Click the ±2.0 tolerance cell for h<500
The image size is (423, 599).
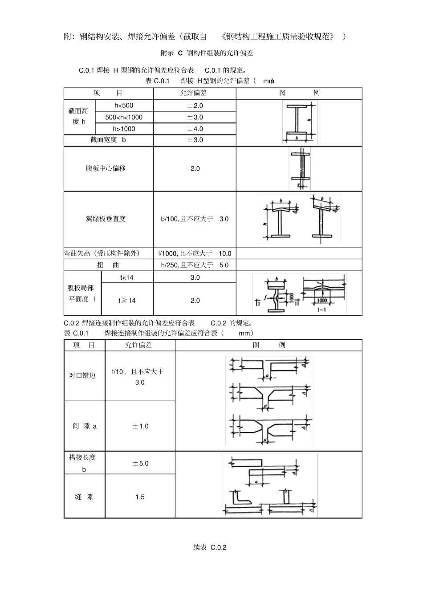click(195, 106)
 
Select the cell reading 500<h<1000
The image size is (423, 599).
click(124, 117)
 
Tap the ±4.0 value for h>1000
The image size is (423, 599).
click(195, 129)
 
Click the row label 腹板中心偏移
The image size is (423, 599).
click(106, 168)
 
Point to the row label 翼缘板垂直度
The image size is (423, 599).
click(106, 219)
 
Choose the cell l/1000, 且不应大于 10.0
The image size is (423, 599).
click(195, 253)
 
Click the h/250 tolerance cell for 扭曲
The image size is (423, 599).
click(195, 265)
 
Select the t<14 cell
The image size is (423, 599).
click(126, 277)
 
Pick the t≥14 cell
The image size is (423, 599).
click(127, 300)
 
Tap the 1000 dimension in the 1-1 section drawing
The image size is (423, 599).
click(321, 301)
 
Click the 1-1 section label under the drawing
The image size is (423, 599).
click(321, 309)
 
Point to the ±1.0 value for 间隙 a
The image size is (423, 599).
click(140, 426)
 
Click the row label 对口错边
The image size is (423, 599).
click(82, 375)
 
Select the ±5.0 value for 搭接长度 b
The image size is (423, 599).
click(140, 463)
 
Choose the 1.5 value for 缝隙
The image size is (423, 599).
click(140, 497)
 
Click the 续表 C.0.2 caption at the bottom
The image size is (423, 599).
click(210, 547)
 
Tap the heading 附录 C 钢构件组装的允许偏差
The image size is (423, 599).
click(207, 53)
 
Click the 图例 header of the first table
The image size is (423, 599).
click(299, 93)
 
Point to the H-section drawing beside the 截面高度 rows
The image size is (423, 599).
click(299, 122)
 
